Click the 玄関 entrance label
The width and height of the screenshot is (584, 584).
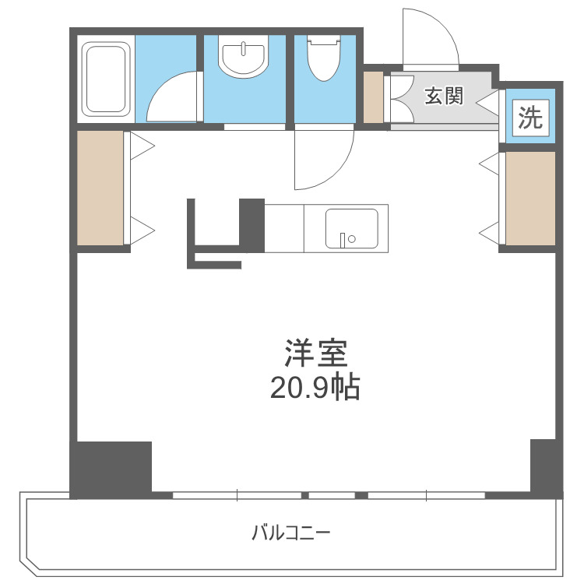point(444,96)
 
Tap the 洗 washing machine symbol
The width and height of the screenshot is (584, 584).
point(530,118)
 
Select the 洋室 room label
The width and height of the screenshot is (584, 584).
point(315,354)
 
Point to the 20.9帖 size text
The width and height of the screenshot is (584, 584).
point(315,387)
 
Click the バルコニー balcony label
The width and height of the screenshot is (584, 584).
point(291,534)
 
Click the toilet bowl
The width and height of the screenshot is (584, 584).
point(323,55)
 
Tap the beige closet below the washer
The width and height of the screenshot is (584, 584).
point(530,198)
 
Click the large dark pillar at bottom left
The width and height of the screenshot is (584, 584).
point(111,468)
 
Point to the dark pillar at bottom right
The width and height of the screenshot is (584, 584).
point(545,467)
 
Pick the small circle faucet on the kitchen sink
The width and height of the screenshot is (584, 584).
point(351,239)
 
